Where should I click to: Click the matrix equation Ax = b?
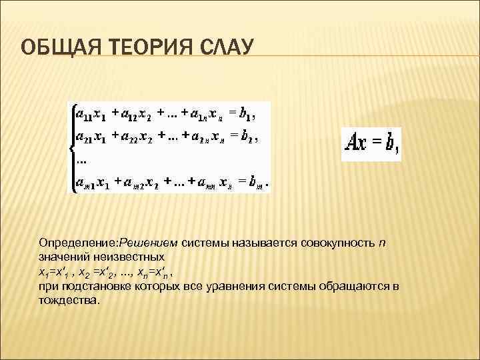371,143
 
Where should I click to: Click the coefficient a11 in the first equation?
85,114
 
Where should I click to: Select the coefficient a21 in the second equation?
85,138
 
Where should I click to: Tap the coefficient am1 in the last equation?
85,182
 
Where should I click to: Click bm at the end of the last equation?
257,182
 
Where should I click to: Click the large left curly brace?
71,148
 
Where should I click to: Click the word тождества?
68,300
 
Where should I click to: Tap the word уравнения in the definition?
241,286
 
